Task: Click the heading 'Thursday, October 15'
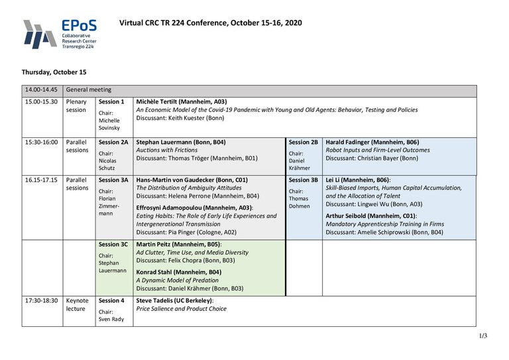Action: (x=54, y=72)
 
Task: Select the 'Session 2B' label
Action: (x=304, y=142)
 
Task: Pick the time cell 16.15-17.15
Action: (x=41, y=180)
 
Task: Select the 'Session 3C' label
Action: (x=113, y=244)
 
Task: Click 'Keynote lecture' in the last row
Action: (x=78, y=304)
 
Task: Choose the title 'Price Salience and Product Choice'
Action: (x=181, y=309)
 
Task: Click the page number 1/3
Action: (x=482, y=335)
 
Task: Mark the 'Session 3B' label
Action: (x=304, y=180)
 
